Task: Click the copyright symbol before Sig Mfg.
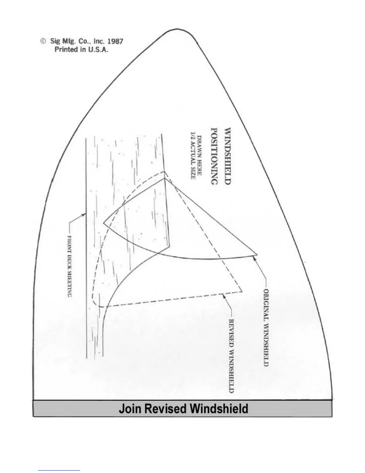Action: click(43, 41)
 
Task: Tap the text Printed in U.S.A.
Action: click(81, 50)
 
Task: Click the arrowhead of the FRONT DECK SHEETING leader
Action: click(84, 214)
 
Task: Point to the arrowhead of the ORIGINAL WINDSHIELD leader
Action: click(254, 257)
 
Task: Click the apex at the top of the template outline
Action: click(178, 29)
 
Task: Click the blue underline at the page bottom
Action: click(59, 470)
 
